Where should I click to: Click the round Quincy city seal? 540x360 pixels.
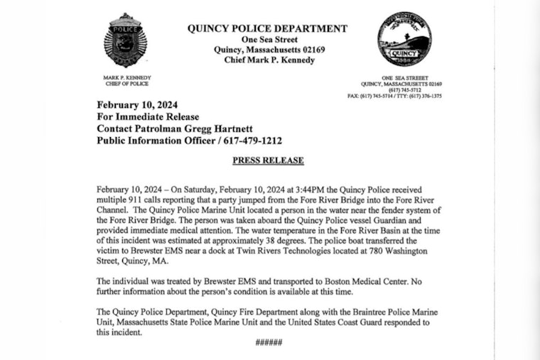[404, 40]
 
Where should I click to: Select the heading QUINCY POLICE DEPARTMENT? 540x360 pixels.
[267, 28]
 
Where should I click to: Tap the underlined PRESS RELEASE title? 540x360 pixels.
[268, 160]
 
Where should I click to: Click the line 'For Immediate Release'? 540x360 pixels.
[148, 116]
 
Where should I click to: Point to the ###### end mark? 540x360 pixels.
[269, 343]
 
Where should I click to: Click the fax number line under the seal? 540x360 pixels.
[394, 96]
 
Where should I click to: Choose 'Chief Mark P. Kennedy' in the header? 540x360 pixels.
[267, 60]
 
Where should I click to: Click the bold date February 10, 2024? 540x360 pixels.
[142, 105]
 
